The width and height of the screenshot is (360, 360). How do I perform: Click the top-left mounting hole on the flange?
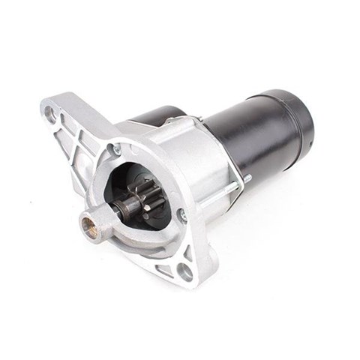(50, 115)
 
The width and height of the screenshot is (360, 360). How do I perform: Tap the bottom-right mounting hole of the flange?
(184, 271)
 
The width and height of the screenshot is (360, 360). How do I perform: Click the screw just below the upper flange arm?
(116, 149)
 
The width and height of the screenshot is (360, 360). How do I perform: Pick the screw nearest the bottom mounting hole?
(182, 217)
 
